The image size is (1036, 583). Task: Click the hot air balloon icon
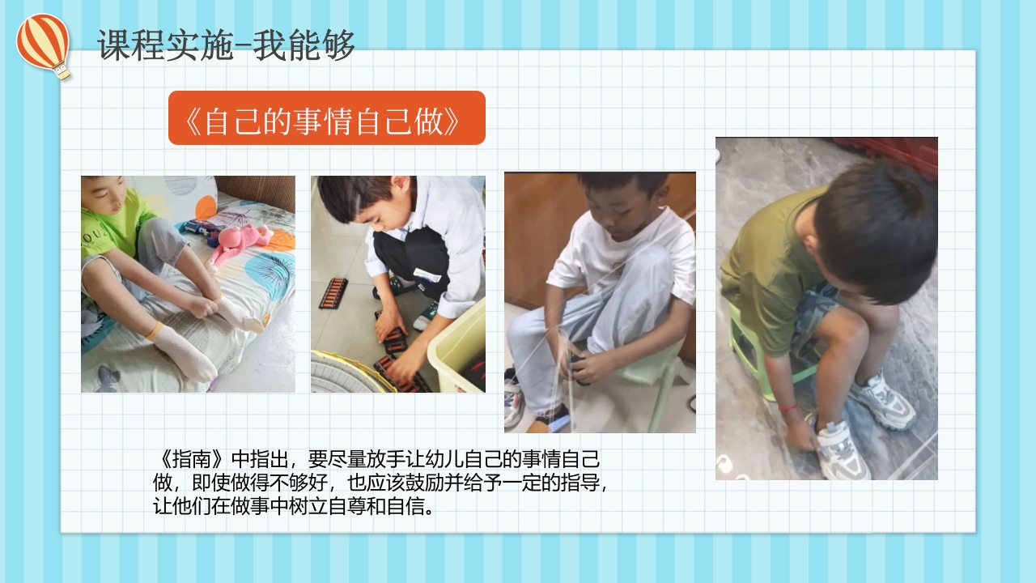(x=44, y=45)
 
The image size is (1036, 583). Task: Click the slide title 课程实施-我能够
(x=226, y=45)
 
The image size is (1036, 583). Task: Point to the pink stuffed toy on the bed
(x=240, y=242)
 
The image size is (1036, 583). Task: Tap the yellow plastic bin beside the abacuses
(x=458, y=349)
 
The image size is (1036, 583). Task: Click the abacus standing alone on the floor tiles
(x=333, y=294)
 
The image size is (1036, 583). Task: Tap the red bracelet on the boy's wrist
(x=788, y=407)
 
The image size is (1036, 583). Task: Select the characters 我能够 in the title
(x=304, y=45)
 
